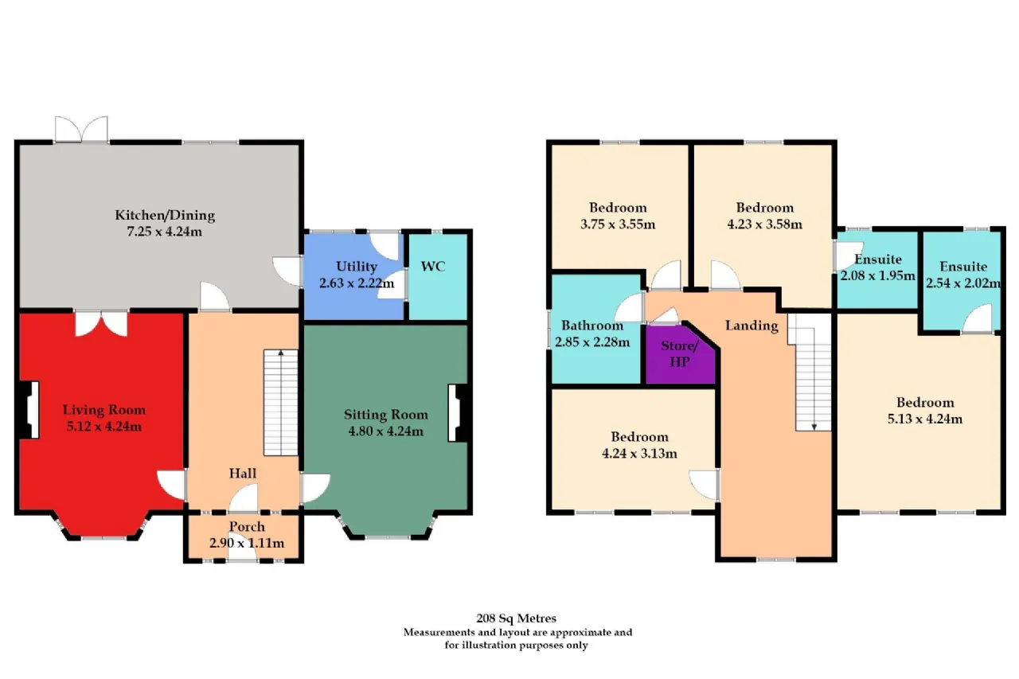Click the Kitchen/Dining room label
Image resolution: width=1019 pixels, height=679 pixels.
coord(165,215)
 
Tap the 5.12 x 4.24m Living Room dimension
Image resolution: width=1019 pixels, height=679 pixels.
coord(104,427)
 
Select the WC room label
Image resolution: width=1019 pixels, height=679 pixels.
coord(433,267)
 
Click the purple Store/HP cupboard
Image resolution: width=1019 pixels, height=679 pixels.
coord(680,353)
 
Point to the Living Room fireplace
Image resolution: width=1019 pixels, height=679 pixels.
coord(30,410)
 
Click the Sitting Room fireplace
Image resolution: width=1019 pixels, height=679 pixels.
coord(458,413)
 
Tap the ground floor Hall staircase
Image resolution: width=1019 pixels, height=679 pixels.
coord(281,403)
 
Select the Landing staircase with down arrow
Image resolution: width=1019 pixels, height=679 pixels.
coord(813,372)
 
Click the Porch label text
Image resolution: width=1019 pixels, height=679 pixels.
coord(247,527)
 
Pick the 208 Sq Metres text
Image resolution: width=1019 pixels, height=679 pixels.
coord(517,619)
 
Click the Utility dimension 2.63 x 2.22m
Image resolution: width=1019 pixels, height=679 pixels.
coord(357,283)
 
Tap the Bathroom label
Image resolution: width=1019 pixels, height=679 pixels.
coord(592,326)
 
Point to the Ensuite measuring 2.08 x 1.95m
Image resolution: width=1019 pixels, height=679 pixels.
coord(877,270)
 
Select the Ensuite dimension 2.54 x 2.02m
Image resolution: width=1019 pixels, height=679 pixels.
coord(963,283)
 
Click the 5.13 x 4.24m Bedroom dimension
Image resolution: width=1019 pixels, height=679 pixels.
coord(925,419)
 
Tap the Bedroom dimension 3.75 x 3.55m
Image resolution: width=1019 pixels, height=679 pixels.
coord(618,224)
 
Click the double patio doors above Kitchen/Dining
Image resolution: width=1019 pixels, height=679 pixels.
coord(81,130)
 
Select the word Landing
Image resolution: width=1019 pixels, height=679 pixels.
coord(752,326)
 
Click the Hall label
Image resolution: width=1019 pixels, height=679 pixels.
coord(243,474)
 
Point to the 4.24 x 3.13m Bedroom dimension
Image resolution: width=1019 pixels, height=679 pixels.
coord(639,454)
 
